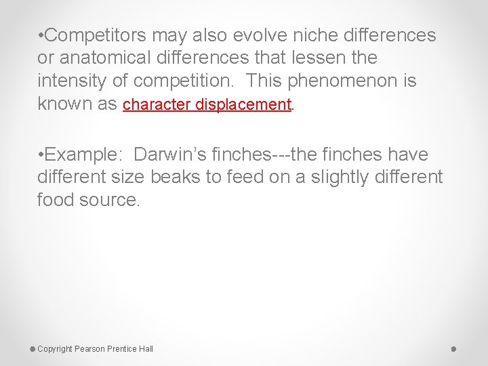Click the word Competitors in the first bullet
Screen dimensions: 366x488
(x=96, y=35)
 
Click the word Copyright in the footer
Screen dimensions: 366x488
(x=55, y=349)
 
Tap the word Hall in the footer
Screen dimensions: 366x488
(x=146, y=349)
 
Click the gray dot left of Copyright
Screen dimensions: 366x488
(x=33, y=348)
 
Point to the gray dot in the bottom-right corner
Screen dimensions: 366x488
(x=453, y=348)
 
